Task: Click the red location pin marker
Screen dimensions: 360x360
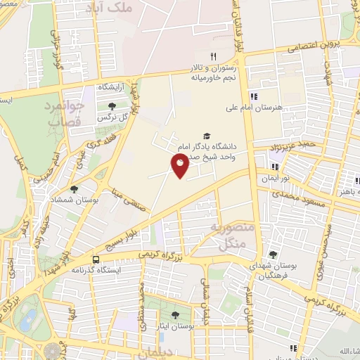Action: click(x=180, y=167)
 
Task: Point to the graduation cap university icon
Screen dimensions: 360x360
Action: click(x=206, y=136)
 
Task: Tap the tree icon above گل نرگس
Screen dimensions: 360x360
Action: click(x=112, y=106)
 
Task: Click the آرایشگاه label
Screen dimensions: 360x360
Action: click(x=110, y=86)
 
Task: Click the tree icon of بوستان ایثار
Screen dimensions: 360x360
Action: click(x=174, y=315)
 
